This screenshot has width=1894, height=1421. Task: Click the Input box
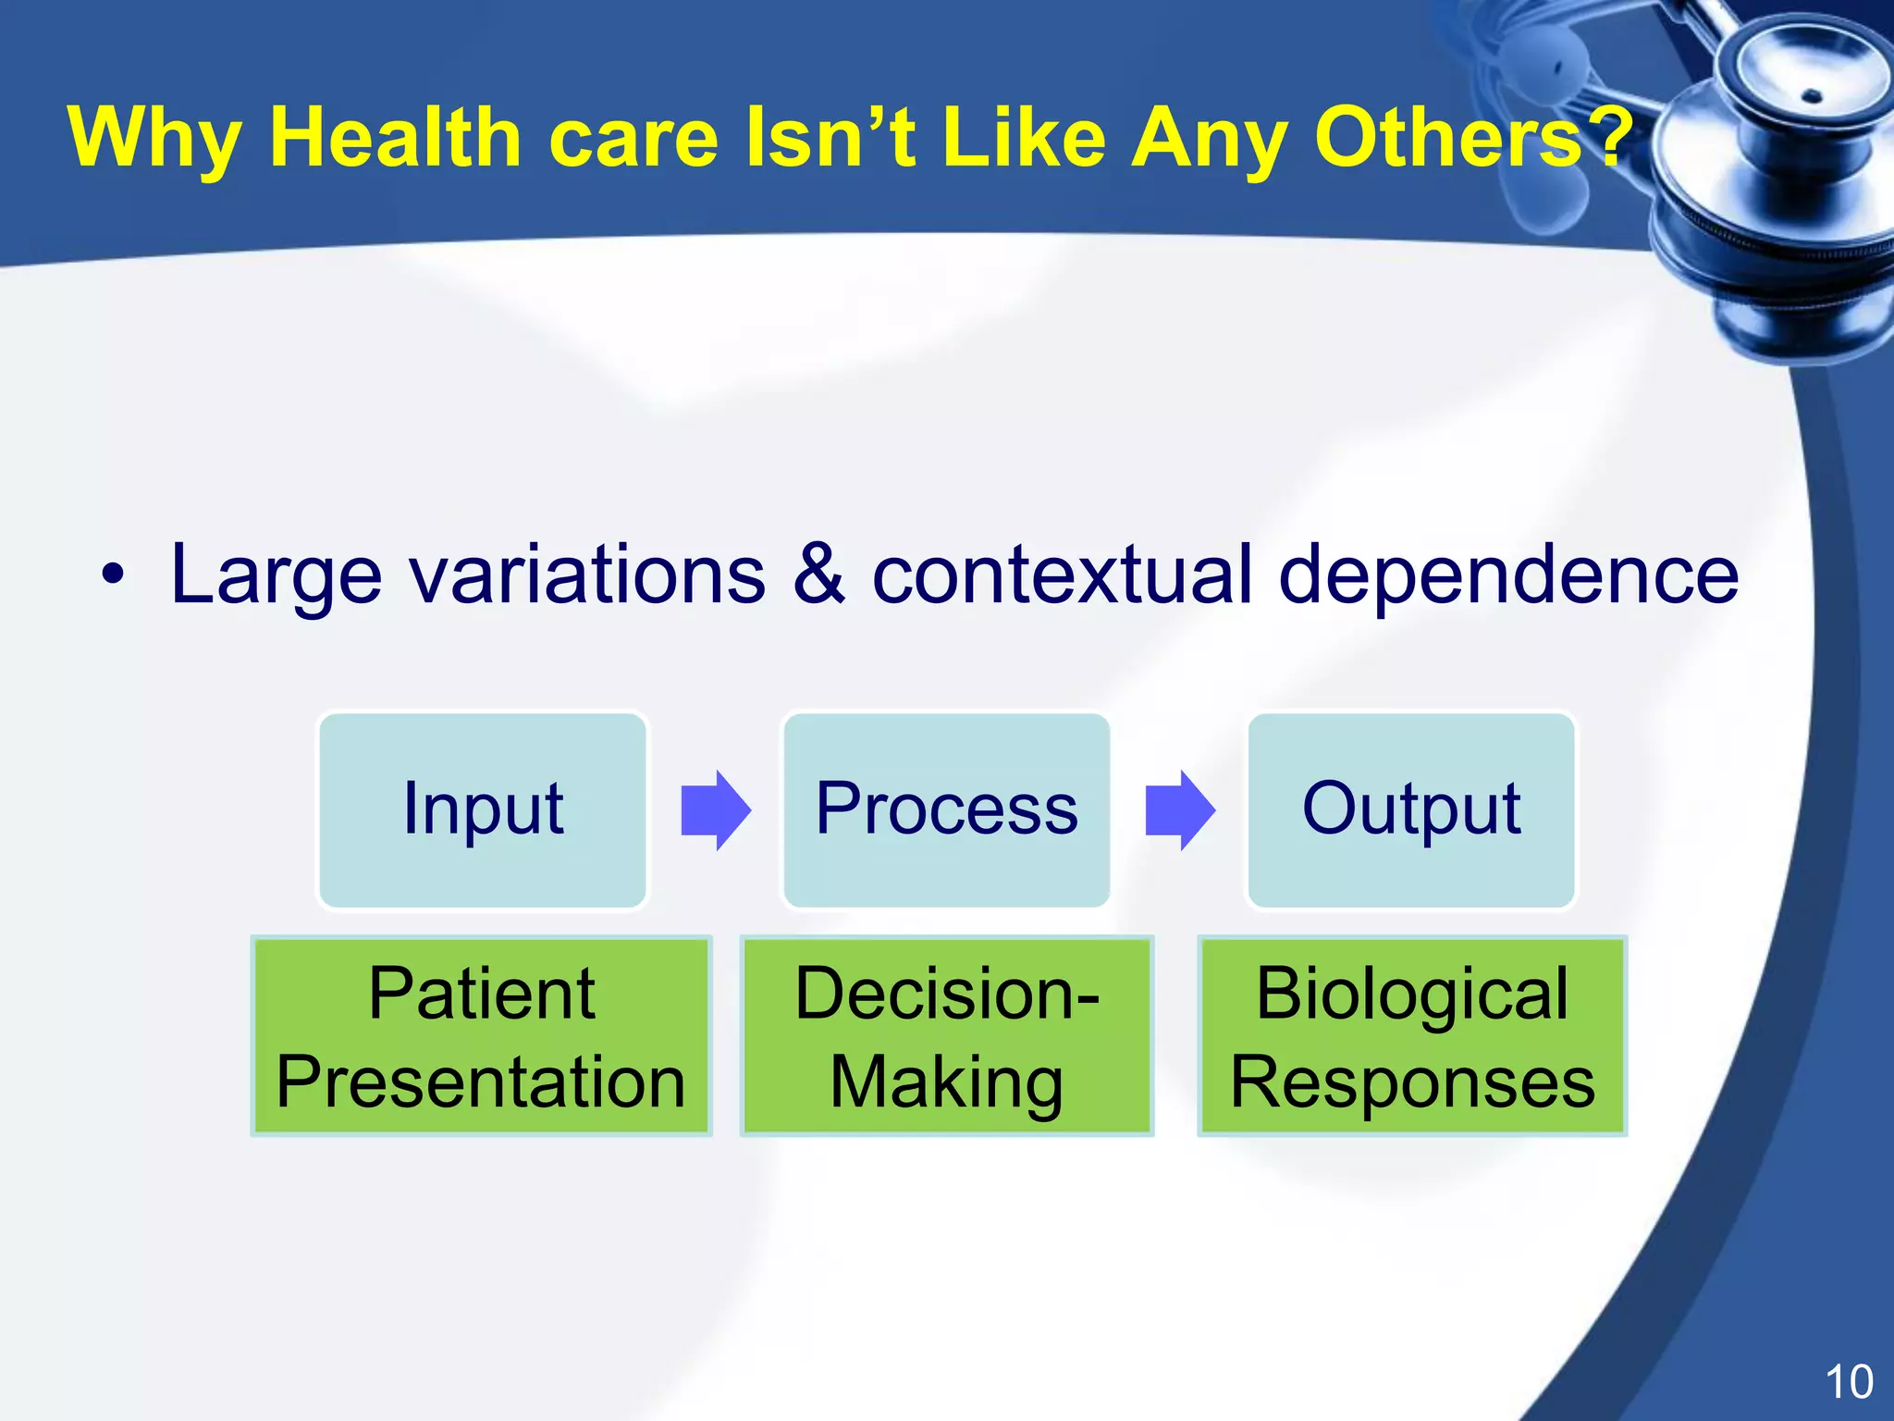click(x=483, y=810)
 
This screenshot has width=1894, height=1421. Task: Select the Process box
click(x=946, y=810)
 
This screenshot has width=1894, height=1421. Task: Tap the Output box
click(x=1411, y=810)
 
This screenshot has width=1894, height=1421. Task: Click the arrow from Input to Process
click(x=715, y=810)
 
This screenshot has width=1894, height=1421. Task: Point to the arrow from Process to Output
click(x=1179, y=810)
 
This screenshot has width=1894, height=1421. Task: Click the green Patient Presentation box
click(x=481, y=1036)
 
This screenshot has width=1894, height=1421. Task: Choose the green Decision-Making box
click(x=946, y=1036)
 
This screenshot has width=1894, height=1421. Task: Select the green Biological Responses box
click(x=1411, y=1036)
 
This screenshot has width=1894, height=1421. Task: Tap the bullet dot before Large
click(x=112, y=576)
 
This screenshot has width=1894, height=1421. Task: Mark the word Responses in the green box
click(x=1412, y=1082)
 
